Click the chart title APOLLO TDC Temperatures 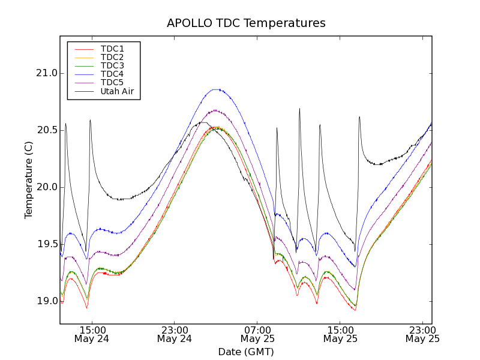[246, 23]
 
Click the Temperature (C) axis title [29, 180]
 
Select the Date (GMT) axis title [246, 352]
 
